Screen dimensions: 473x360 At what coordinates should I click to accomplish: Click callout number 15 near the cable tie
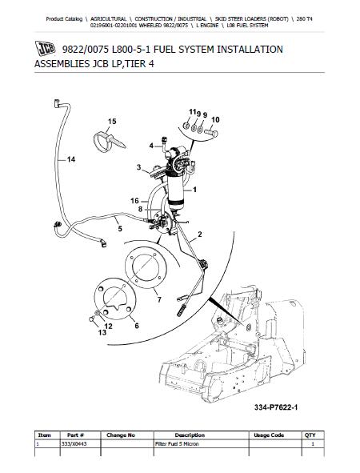(x=111, y=121)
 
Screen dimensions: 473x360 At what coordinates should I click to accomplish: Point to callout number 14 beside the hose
(x=71, y=160)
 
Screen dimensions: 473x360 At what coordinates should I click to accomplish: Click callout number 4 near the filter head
(x=150, y=146)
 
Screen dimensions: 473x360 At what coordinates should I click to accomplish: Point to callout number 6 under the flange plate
(x=135, y=326)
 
